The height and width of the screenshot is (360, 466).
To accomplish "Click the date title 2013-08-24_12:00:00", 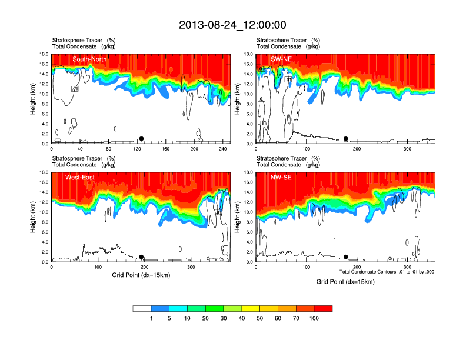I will (x=232, y=25).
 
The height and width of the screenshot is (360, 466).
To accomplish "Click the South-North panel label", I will (x=90, y=59).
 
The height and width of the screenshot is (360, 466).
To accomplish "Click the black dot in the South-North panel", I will (x=141, y=139).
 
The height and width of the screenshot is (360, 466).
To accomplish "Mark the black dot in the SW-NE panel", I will (x=346, y=139).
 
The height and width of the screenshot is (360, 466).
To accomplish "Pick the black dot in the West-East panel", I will (x=141, y=257).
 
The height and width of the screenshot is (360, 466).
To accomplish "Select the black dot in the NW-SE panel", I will (x=346, y=257).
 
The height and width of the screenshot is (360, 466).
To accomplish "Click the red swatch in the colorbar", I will (x=323, y=308).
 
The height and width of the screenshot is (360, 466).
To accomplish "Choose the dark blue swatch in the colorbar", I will (x=160, y=308).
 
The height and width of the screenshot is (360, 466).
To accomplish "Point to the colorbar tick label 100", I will (x=314, y=318).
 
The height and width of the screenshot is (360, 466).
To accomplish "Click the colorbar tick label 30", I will (x=224, y=318).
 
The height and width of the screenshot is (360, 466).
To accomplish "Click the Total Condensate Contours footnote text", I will (x=387, y=272).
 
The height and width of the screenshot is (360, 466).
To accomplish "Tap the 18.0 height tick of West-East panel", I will (x=44, y=172).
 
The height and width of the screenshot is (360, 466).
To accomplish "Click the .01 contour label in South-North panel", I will (x=75, y=88).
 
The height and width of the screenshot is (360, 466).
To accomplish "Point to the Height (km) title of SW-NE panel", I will (x=237, y=99).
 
